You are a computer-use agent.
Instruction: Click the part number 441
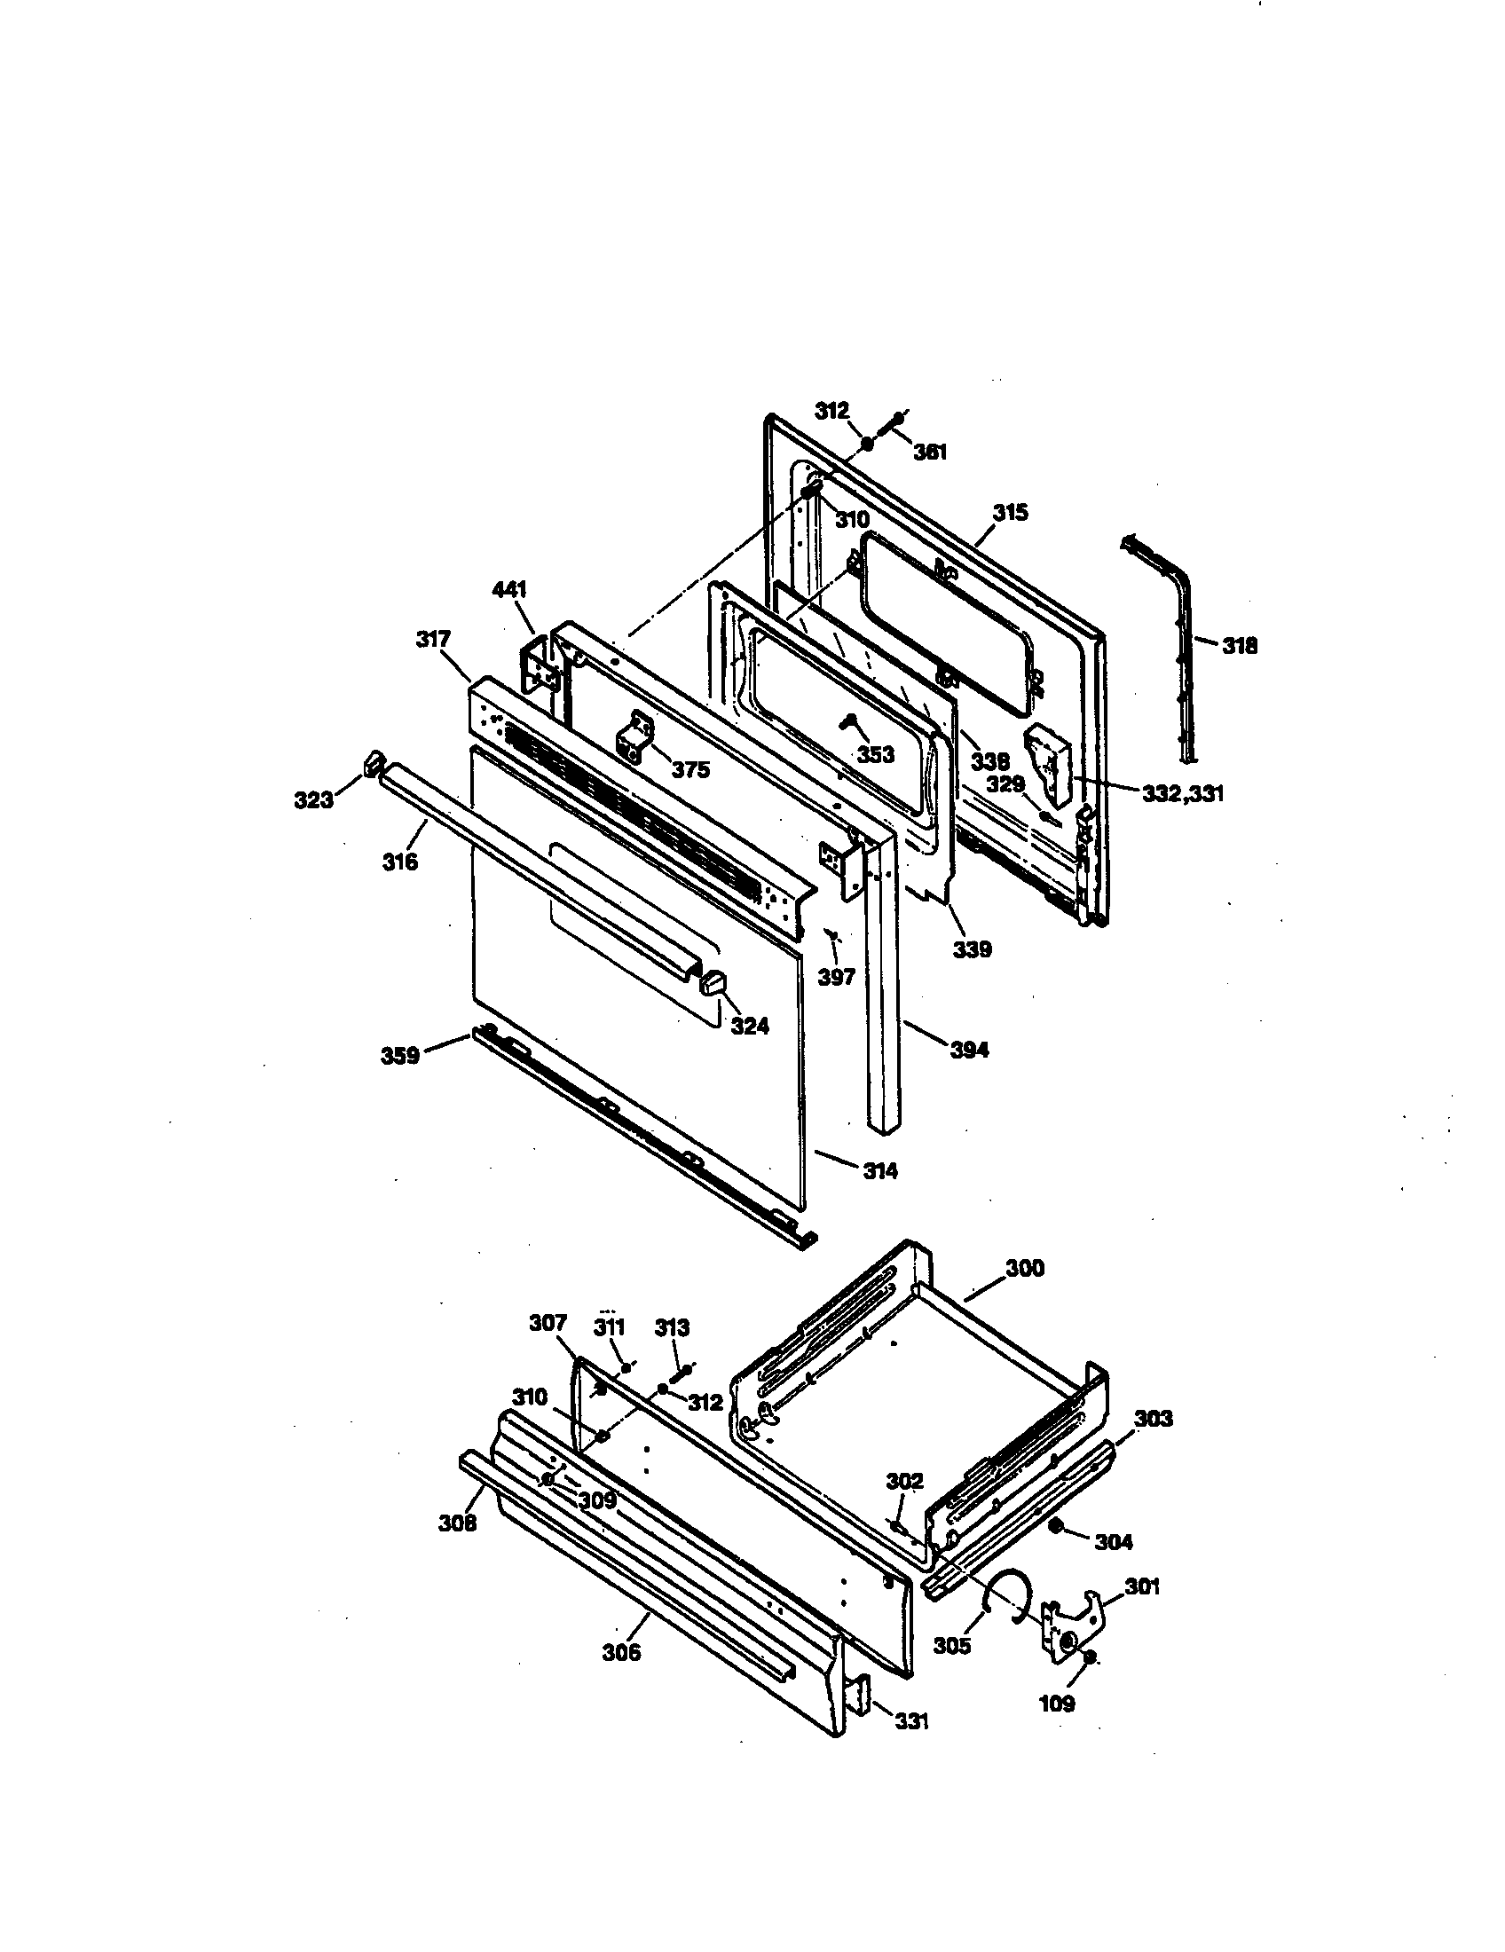(509, 590)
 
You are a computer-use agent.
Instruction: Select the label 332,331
(1182, 792)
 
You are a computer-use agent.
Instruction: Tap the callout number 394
(969, 1051)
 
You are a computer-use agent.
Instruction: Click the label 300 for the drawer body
(1024, 1268)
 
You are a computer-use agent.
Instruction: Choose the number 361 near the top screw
(929, 453)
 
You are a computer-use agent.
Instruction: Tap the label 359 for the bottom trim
(400, 1056)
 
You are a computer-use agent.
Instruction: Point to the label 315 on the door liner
(1010, 513)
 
